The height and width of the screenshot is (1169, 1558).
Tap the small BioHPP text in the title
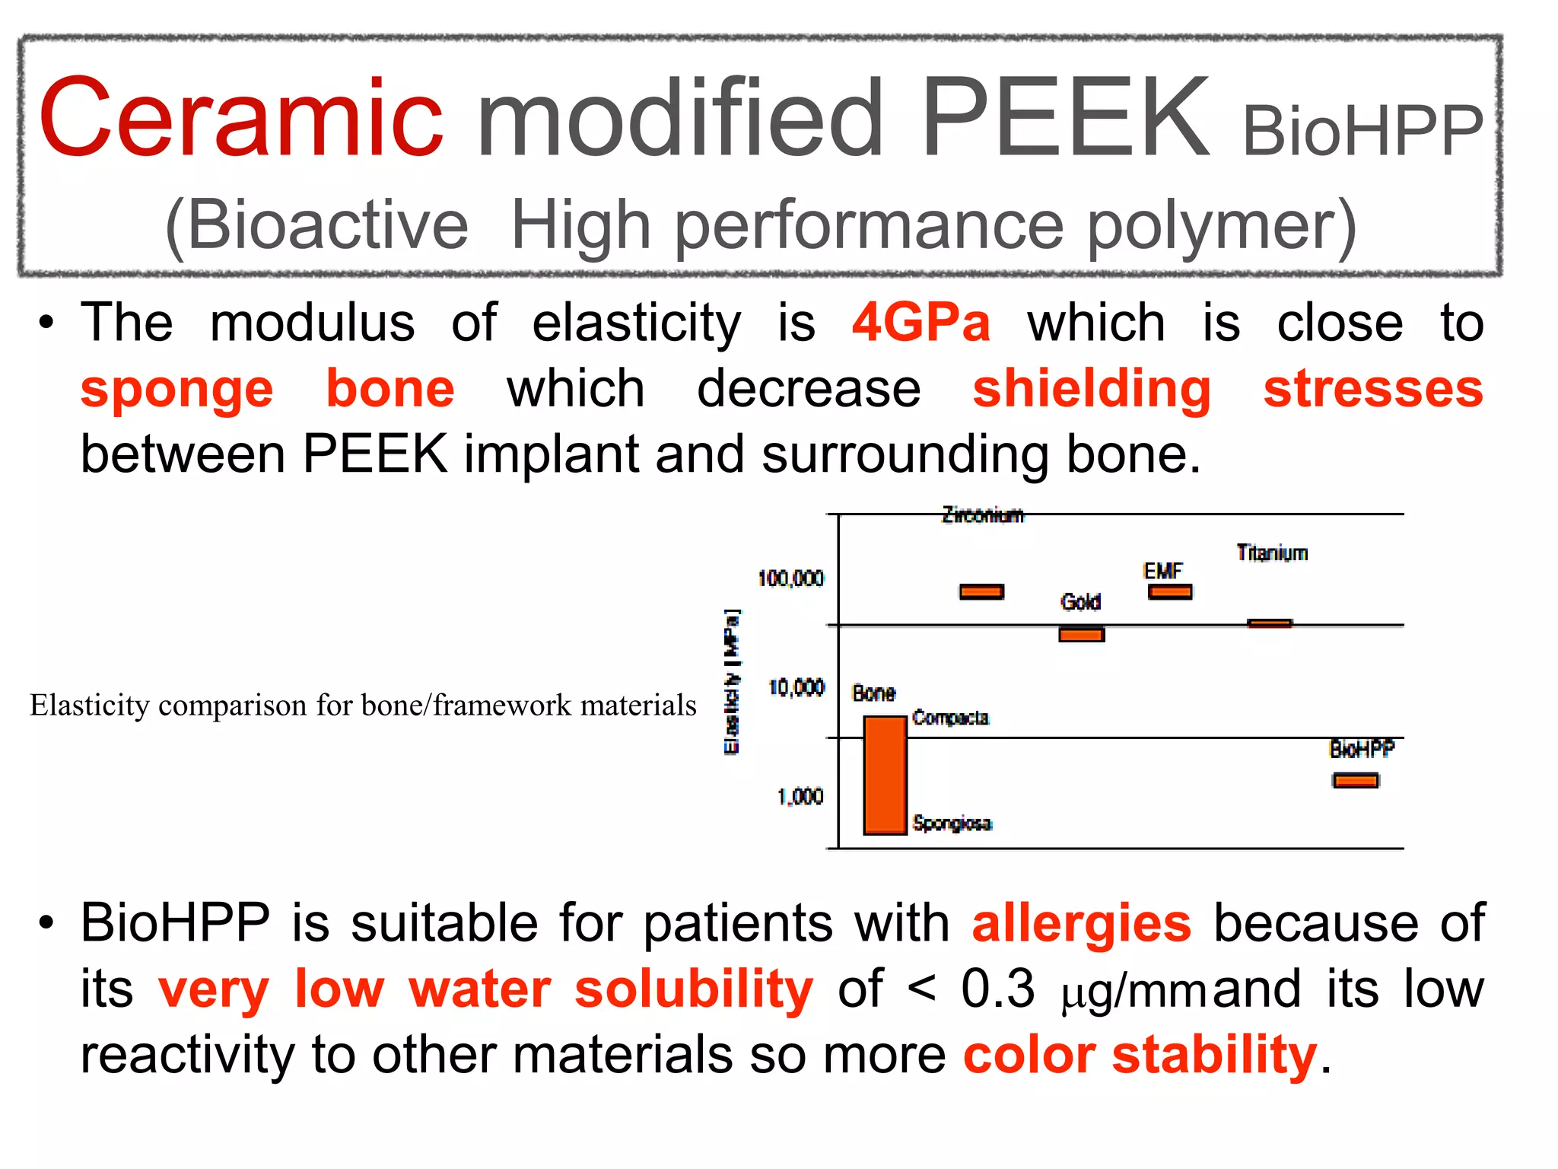tap(1362, 131)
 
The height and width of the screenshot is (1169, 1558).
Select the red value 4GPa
tap(921, 323)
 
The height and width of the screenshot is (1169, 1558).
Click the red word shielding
tap(1092, 389)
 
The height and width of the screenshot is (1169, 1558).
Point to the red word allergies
tap(1081, 923)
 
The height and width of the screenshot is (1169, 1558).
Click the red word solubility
tap(694, 989)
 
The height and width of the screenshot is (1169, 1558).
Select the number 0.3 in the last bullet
tap(998, 989)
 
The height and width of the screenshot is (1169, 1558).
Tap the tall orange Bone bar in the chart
tap(885, 775)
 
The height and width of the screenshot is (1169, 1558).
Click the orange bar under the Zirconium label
tap(981, 591)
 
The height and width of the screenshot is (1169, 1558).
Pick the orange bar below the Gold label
tap(1081, 634)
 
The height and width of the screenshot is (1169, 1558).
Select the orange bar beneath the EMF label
tap(1170, 591)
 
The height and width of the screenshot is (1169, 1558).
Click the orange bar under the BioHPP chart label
tap(1356, 780)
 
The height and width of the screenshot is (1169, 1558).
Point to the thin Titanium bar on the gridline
tap(1270, 623)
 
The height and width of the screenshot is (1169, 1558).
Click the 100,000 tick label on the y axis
tap(790, 578)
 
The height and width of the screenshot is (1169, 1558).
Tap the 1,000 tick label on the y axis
tap(800, 797)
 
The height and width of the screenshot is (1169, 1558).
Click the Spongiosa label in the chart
tap(952, 823)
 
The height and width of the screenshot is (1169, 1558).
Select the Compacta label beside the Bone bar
tap(950, 718)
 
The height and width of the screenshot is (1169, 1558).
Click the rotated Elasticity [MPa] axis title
tap(732, 681)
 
